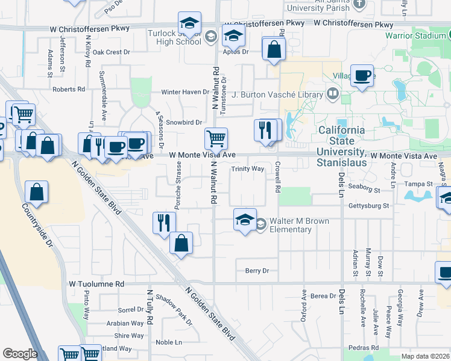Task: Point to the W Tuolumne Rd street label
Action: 96,283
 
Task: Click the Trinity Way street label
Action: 248,169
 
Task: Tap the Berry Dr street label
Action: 257,271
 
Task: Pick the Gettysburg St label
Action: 369,206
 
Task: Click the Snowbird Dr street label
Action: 184,122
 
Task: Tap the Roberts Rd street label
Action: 69,89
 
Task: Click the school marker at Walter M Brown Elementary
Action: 245,220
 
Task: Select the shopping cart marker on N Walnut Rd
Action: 216,138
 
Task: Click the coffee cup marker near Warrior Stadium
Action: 362,76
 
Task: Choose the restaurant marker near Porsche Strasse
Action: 164,223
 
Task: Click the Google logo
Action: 20,354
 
